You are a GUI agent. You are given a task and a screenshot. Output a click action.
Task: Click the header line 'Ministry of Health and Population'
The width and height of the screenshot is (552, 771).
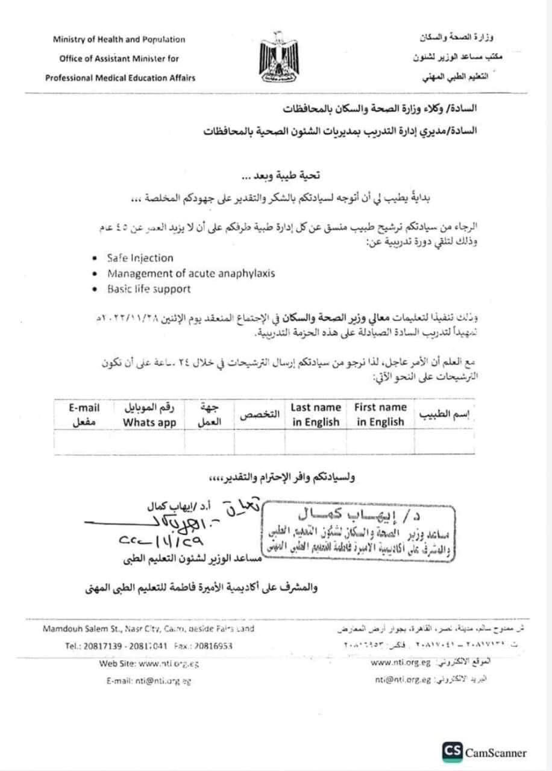(119, 40)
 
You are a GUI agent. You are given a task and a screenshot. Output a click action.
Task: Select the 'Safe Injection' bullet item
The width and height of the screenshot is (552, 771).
(140, 258)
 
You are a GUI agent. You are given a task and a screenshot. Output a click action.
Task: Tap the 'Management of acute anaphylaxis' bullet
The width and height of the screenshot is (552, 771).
(191, 273)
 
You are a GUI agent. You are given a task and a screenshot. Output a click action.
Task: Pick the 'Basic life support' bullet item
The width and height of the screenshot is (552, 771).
(149, 289)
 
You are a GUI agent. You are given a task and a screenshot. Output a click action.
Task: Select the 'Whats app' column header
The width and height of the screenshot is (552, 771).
(149, 422)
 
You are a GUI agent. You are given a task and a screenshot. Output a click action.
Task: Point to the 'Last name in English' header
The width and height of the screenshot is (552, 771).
(316, 414)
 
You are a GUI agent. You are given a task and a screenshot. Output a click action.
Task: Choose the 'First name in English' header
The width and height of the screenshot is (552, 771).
(380, 414)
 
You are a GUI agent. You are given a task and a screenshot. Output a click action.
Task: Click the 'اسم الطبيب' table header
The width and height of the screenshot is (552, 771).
(447, 416)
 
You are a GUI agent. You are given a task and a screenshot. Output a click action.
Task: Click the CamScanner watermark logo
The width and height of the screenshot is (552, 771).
(485, 752)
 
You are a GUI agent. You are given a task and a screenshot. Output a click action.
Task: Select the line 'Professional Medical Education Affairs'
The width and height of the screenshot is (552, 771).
(119, 78)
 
